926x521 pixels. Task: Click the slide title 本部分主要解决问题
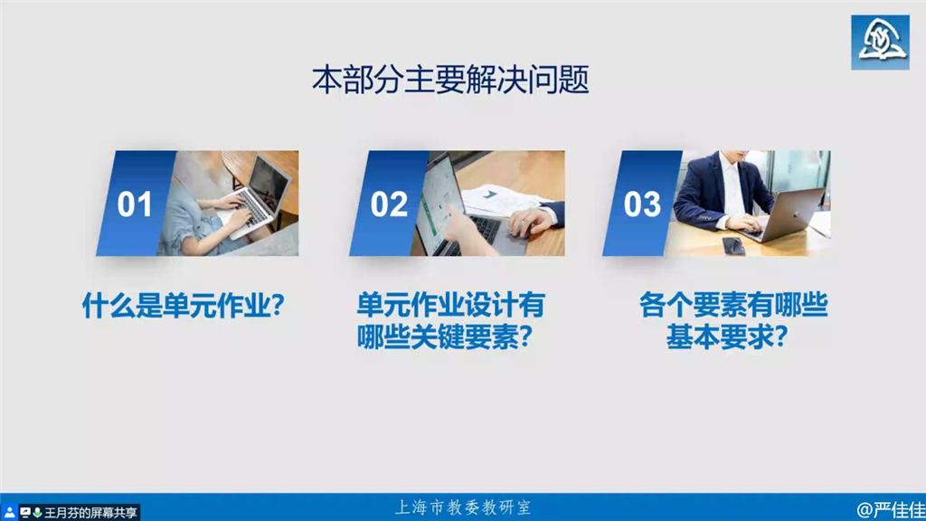click(x=450, y=80)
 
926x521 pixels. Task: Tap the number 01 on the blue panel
click(x=135, y=204)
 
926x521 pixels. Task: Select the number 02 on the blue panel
click(x=389, y=204)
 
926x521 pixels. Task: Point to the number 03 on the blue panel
click(x=642, y=204)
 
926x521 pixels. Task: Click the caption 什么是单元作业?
click(x=183, y=306)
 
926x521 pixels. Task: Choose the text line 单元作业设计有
click(x=450, y=306)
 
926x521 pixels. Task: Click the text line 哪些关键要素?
click(x=445, y=337)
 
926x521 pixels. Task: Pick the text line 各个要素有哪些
click(x=733, y=306)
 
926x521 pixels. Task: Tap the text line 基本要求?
click(x=727, y=337)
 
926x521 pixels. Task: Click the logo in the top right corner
click(x=880, y=43)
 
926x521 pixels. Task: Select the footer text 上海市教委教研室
click(x=462, y=507)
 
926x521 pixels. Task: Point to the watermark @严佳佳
click(x=891, y=509)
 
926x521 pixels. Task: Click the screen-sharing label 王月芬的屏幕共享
click(x=90, y=513)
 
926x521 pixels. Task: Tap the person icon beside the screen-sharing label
click(x=9, y=513)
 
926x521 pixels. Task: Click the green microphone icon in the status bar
click(x=37, y=512)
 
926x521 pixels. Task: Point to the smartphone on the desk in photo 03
click(x=733, y=245)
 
